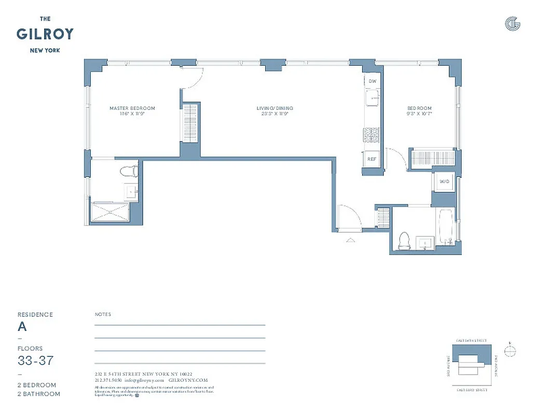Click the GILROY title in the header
45,34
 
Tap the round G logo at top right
512,23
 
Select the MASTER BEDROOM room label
132,108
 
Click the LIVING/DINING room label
274,108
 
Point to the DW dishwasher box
372,81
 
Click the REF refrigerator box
371,159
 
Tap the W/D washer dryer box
444,182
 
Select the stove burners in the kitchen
371,135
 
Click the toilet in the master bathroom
129,171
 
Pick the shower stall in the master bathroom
110,213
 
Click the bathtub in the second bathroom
446,227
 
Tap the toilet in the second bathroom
404,241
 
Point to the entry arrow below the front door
351,240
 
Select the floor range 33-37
35,361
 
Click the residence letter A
22,327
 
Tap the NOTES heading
103,314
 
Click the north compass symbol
511,351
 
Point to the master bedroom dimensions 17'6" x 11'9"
132,114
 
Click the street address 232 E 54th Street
143,374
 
